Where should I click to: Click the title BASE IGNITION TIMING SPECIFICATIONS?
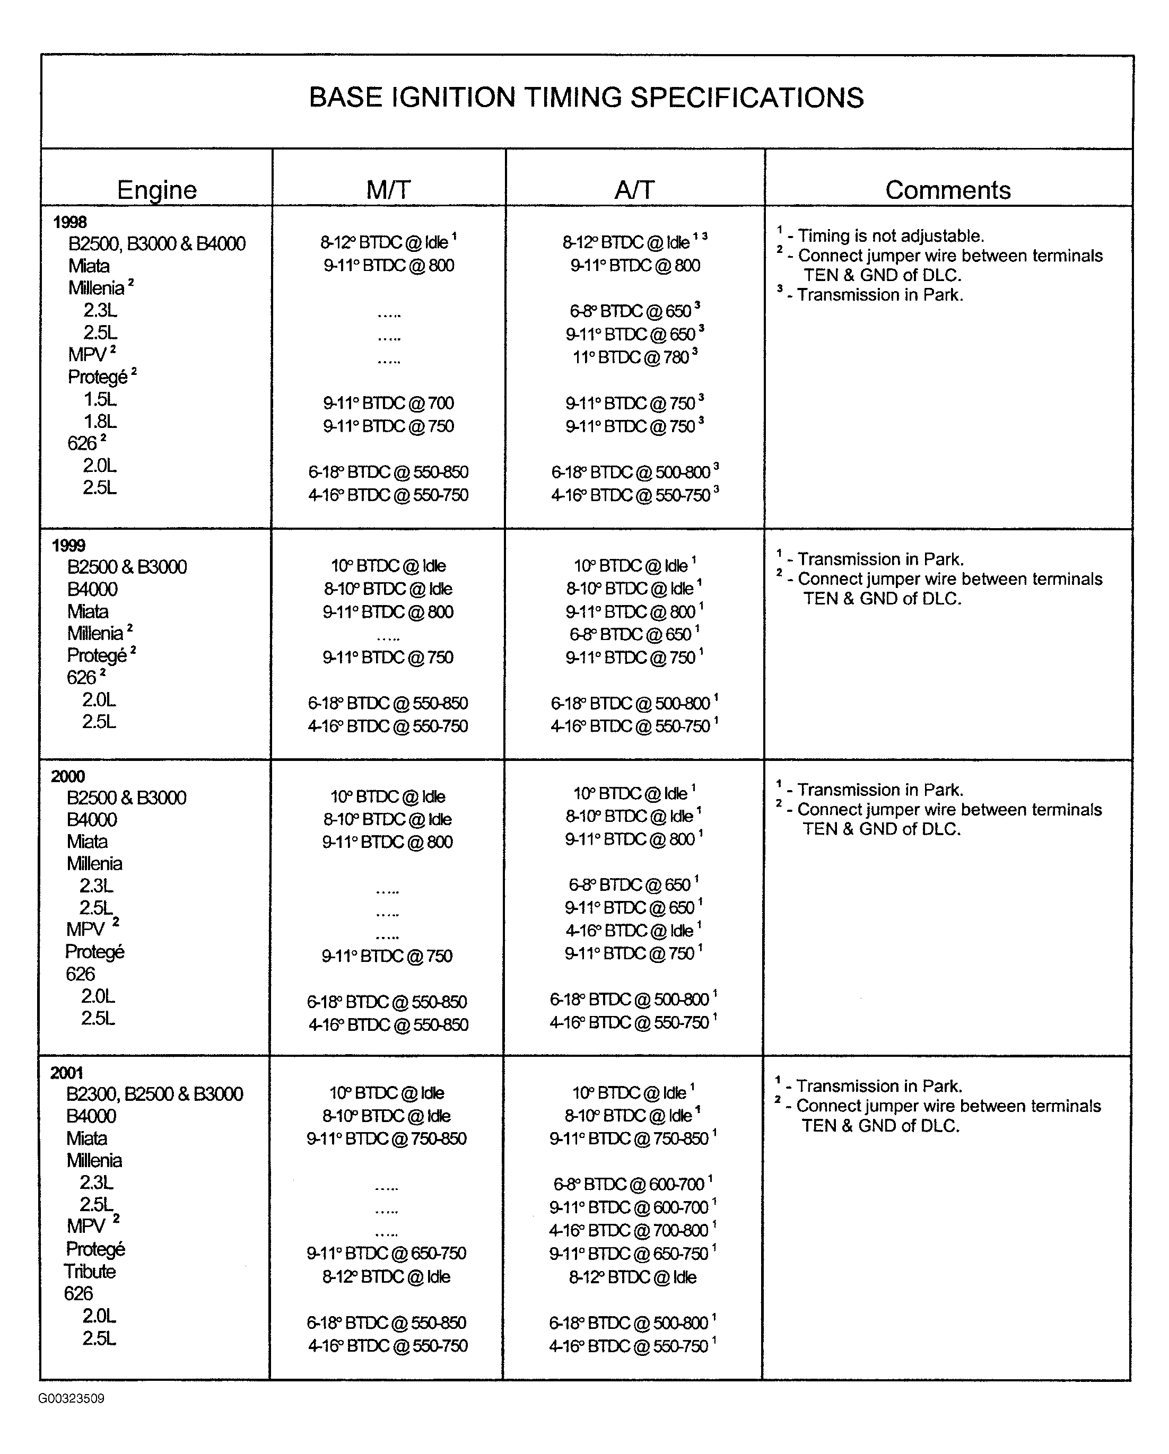pyautogui.click(x=586, y=98)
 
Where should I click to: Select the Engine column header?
pyautogui.click(x=156, y=190)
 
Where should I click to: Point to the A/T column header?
pyautogui.click(x=634, y=190)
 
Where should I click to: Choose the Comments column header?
pyautogui.click(x=947, y=190)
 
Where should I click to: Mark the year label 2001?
pyautogui.click(x=66, y=1072)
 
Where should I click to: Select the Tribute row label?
pyautogui.click(x=90, y=1271)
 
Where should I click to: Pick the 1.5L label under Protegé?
pyautogui.click(x=100, y=399)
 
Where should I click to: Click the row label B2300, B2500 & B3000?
pyautogui.click(x=154, y=1094)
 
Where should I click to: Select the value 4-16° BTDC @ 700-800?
pyautogui.click(x=628, y=1230)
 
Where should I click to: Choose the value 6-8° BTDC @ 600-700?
pyautogui.click(x=628, y=1184)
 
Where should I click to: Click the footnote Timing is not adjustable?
pyautogui.click(x=891, y=236)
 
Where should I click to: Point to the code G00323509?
pyautogui.click(x=72, y=1399)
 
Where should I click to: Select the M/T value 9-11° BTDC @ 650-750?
pyautogui.click(x=387, y=1253)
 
